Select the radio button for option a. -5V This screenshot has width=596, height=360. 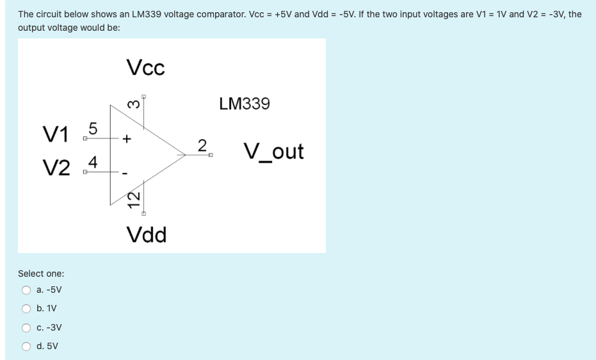(27, 290)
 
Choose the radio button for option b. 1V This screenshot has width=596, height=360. (27, 309)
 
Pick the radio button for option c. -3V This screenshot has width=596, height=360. (27, 328)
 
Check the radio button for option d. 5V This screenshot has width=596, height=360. (27, 347)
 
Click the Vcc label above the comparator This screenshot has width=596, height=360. (145, 67)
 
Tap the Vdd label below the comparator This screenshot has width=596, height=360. (147, 235)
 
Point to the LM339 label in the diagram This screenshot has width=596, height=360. (245, 103)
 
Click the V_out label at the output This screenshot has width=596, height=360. (273, 152)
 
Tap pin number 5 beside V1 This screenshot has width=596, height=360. (92, 128)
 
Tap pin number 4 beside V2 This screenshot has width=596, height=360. (92, 162)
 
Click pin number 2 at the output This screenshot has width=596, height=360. (202, 145)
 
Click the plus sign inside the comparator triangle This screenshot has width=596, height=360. (127, 138)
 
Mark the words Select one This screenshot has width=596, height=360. (41, 274)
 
